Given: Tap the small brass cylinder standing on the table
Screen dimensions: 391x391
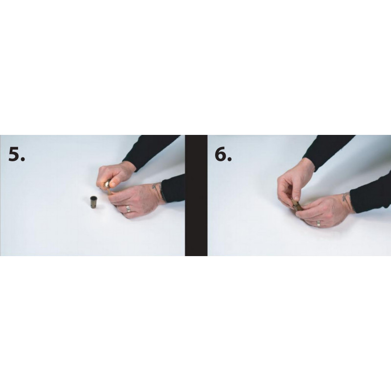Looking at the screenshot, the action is (x=94, y=202).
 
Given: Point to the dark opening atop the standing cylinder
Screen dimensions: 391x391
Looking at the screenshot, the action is (x=94, y=198).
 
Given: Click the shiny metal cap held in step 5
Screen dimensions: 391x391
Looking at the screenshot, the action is (x=107, y=184).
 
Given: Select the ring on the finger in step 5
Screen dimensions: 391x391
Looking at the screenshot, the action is (x=128, y=208).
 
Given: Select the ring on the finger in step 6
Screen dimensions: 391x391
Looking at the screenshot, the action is (x=319, y=223).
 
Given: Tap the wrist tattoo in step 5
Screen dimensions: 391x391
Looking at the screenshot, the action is (x=156, y=187).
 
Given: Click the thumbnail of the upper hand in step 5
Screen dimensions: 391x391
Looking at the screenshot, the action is (x=113, y=184).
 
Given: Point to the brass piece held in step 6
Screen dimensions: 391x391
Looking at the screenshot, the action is (x=296, y=206).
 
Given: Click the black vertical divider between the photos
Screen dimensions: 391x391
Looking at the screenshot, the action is (x=196, y=195).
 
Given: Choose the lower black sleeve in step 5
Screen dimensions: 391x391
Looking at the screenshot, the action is (x=174, y=188).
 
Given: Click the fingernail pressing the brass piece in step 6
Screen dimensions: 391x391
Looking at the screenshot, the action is (x=296, y=198).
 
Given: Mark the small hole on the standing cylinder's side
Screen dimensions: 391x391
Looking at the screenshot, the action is (x=94, y=205).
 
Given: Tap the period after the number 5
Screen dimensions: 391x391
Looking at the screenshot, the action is (x=22, y=159).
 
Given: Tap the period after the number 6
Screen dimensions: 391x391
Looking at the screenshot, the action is (x=229, y=159).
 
